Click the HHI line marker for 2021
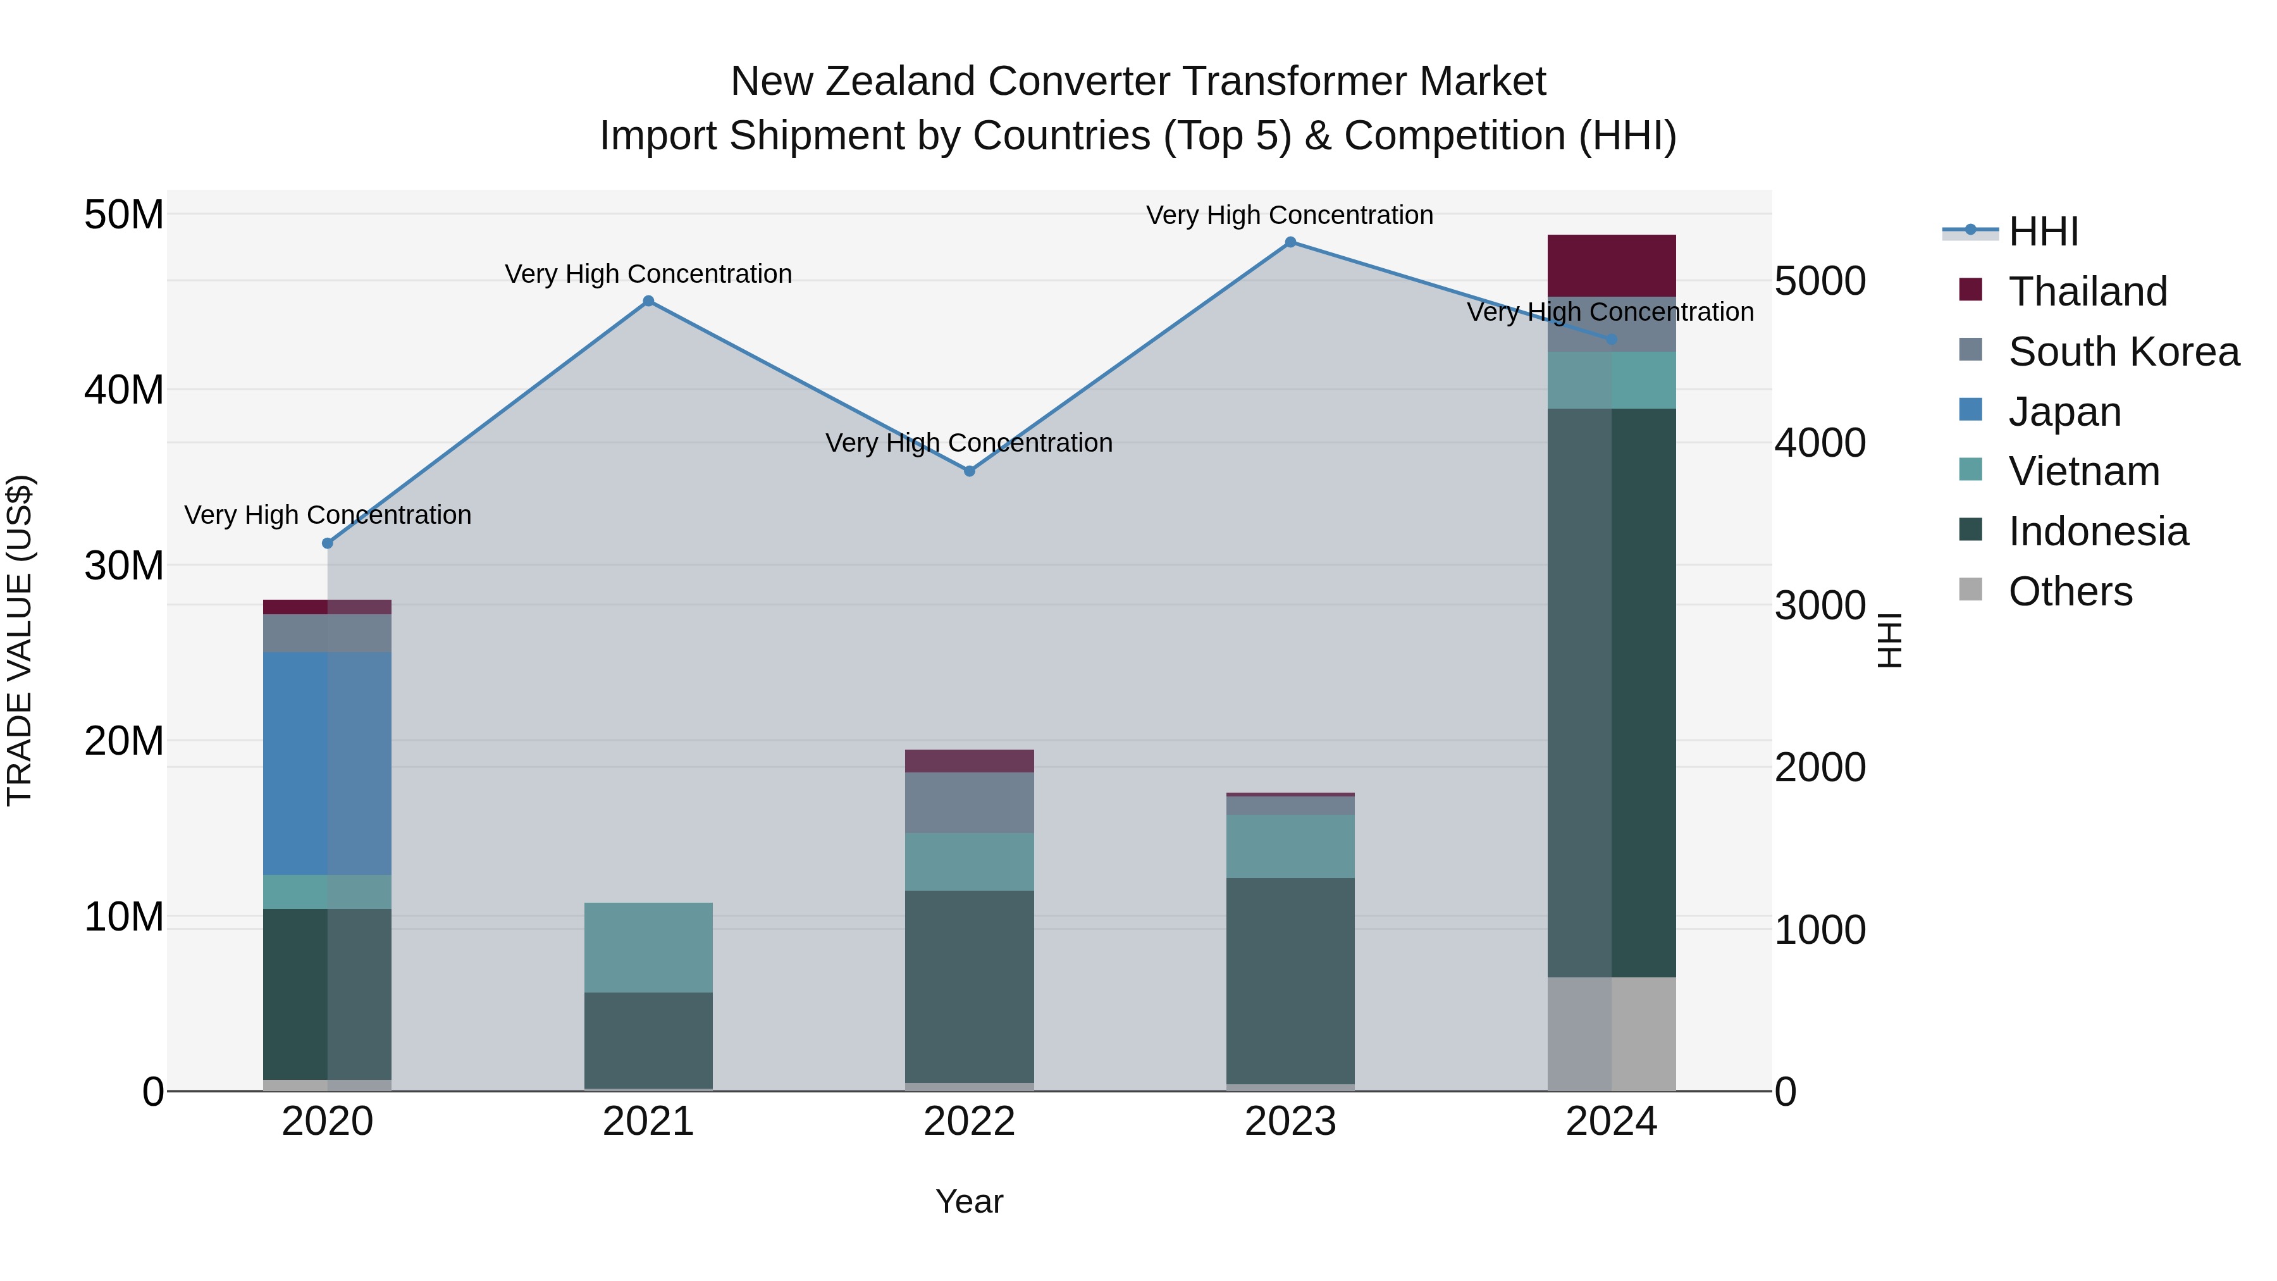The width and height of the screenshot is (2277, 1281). (648, 302)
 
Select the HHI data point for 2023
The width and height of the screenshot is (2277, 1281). (1290, 242)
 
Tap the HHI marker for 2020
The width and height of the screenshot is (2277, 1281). (327, 543)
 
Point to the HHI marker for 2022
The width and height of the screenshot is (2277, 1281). (969, 471)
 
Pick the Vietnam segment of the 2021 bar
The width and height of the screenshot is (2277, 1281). (648, 947)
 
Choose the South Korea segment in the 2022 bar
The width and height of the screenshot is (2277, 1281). (969, 803)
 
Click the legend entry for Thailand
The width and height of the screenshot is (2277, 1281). (2087, 292)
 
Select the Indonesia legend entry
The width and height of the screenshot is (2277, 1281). (2097, 531)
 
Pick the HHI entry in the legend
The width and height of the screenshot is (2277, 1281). (2043, 232)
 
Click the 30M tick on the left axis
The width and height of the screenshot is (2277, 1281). (124, 566)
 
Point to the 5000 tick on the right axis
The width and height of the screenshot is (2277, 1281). (1819, 281)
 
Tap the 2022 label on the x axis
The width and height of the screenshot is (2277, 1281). (969, 1122)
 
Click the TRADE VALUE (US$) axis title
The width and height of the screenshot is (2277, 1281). (20, 640)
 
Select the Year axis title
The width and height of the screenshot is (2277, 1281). (969, 1201)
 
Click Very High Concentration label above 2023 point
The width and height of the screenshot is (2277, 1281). (1289, 215)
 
